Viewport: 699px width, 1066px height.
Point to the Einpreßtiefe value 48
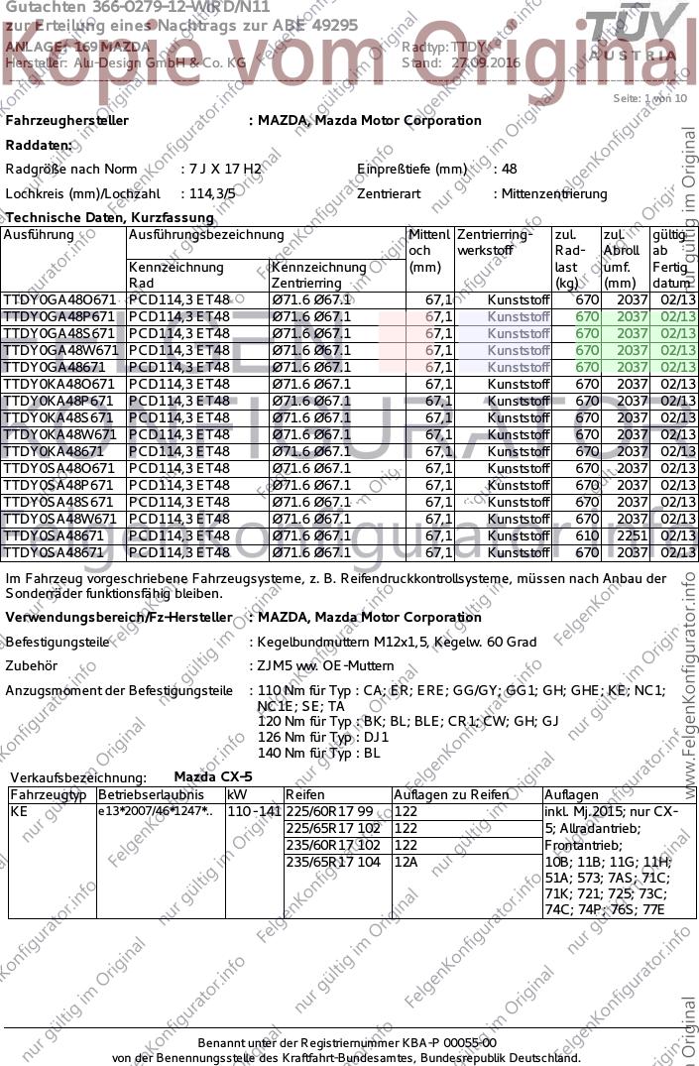pyautogui.click(x=509, y=170)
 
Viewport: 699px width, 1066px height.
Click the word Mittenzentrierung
pyautogui.click(x=554, y=194)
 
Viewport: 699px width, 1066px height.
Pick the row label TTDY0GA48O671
pyautogui.click(x=60, y=299)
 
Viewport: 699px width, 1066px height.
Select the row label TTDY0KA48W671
pyautogui.click(x=60, y=434)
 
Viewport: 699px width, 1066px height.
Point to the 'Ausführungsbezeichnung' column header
pyautogui.click(x=206, y=235)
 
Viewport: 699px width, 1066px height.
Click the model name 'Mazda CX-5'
pyautogui.click(x=213, y=776)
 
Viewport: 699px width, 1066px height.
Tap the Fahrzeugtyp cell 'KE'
pyautogui.click(x=19, y=811)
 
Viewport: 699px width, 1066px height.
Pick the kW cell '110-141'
pyautogui.click(x=254, y=811)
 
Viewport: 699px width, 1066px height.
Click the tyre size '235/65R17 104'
pyautogui.click(x=329, y=862)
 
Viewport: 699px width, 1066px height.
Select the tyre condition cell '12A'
pyautogui.click(x=406, y=862)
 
